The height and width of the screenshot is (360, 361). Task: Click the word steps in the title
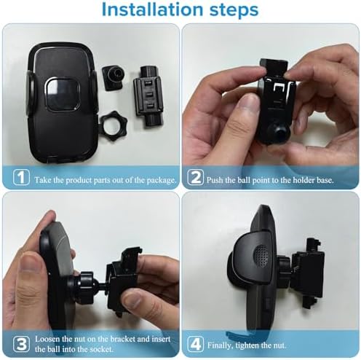226,11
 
